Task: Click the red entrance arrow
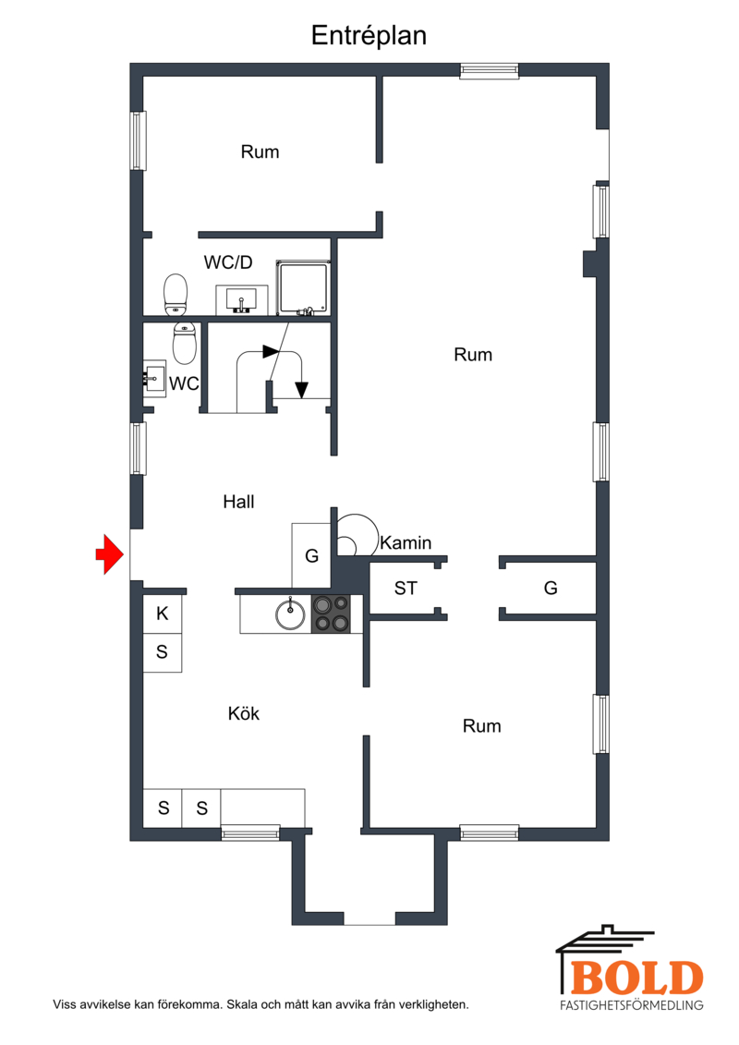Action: tap(109, 553)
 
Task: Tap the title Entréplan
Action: tap(369, 35)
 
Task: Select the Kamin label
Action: tap(406, 543)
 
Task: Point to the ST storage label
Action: tap(406, 589)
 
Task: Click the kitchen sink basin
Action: tap(291, 614)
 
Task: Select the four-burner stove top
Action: tap(332, 614)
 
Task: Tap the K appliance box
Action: tap(163, 614)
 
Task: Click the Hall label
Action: tap(238, 502)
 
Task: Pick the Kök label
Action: tap(243, 714)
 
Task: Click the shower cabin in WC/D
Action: tap(303, 288)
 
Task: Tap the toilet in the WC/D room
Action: tap(176, 293)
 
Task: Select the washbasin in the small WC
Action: tap(154, 379)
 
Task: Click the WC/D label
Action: tap(228, 262)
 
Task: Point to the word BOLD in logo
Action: tap(637, 978)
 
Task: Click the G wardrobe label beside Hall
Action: tap(312, 556)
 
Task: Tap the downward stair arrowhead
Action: tap(302, 390)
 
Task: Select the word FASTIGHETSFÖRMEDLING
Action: tap(632, 1005)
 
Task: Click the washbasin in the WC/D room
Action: tap(242, 300)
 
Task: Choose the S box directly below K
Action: tap(163, 652)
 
